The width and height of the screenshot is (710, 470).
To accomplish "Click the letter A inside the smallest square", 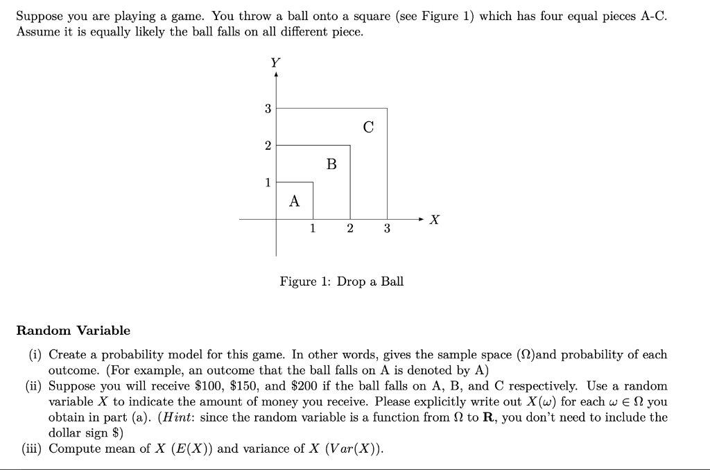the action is coord(295,202).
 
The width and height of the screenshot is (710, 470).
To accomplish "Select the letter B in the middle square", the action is coord(331,164).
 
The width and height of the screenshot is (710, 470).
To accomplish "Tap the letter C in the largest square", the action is coord(368,127).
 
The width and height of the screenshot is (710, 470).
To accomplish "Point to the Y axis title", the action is coord(275,62).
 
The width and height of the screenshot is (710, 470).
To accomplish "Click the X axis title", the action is coord(435,220).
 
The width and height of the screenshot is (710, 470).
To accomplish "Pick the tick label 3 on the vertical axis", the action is coord(268,108).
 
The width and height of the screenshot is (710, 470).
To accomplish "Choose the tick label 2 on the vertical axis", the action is coord(268,146).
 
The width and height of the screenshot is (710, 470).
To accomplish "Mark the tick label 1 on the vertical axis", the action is coord(268,182).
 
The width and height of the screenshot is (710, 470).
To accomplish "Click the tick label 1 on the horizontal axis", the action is coord(313,229).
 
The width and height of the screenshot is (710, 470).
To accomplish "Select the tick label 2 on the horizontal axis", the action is coord(350,229).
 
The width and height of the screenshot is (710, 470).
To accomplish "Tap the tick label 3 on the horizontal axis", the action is coord(387,229).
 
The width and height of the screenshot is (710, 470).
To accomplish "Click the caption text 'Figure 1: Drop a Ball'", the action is coord(341,281).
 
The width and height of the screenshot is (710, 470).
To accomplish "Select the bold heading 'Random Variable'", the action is coord(73,330).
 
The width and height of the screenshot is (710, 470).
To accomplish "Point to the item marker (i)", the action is coord(35,355).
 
